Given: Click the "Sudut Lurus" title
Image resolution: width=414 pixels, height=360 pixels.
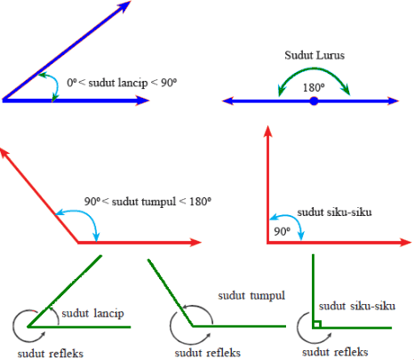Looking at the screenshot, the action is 314,55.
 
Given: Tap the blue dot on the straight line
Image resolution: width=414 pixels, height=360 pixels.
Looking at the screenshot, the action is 314,101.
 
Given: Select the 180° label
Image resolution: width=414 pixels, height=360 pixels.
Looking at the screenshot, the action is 314,88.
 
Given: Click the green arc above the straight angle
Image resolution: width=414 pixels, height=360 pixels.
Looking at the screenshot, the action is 314,68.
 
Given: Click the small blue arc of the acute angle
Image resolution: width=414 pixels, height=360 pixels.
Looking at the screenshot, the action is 56,82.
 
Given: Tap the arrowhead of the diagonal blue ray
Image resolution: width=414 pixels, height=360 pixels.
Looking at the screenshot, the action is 123,6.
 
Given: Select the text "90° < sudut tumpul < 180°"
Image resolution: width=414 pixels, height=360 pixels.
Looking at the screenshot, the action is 147,202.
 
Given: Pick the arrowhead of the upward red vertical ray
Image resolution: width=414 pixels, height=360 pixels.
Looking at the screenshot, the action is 268,132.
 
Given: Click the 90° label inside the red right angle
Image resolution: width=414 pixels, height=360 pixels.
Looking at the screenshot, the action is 282,231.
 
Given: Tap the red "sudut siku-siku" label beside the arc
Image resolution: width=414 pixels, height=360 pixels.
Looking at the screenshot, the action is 334,212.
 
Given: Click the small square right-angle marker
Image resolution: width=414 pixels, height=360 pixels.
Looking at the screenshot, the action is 317,324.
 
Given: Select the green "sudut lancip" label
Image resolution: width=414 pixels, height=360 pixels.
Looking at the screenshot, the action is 92,314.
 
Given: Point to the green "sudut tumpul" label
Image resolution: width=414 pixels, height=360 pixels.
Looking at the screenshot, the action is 251,296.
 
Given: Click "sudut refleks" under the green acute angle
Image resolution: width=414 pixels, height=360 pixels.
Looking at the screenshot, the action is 51,354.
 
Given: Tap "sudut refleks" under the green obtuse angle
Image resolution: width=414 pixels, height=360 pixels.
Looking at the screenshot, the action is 208,353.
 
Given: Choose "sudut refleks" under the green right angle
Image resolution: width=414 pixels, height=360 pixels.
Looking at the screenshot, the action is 335,352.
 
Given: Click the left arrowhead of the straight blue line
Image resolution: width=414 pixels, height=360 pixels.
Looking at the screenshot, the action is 227,101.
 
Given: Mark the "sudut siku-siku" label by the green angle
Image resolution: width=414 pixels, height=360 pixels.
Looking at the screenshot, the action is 357,306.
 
